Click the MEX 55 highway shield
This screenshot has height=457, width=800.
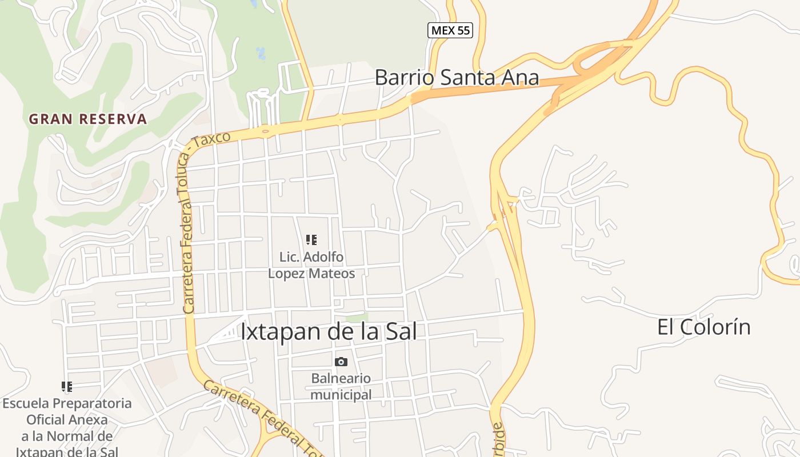tap(450, 30)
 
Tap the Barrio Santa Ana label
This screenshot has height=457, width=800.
tap(457, 78)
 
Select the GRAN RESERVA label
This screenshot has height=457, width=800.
tap(88, 119)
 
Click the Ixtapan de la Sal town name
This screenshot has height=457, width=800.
tap(329, 331)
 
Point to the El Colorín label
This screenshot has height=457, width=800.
tap(703, 327)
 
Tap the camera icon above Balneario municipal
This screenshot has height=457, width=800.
tap(341, 362)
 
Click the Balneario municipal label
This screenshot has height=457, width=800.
tap(341, 386)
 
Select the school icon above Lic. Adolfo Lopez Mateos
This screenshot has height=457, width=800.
tap(311, 240)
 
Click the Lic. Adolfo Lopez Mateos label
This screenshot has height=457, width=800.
tap(311, 265)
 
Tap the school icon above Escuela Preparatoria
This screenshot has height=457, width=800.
tap(67, 387)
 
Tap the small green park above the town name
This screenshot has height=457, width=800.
tap(357, 317)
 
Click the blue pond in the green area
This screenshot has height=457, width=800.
tap(261, 54)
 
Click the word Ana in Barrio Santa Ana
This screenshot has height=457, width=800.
tap(521, 78)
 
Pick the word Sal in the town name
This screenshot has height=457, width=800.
tap(401, 331)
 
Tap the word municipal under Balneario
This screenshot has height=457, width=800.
tap(341, 394)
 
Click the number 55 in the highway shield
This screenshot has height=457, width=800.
tap(463, 30)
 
